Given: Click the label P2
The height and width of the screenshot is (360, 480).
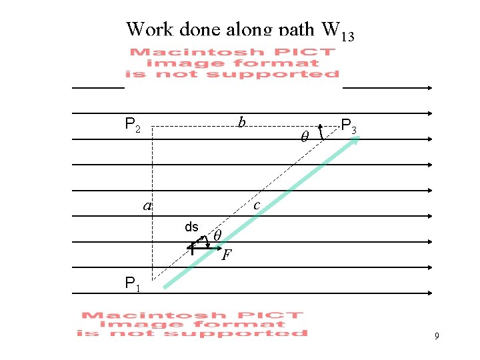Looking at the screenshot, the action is tap(133, 125).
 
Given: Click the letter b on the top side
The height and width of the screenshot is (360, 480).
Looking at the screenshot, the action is tap(242, 123).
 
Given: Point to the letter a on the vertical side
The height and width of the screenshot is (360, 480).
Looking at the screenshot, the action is tap(147, 206).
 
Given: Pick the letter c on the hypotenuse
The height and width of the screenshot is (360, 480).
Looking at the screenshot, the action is tap(257, 206).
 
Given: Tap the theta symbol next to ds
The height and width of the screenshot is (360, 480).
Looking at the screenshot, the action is tap(217, 235).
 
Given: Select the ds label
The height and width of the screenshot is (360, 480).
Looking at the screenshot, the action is tap(191, 227).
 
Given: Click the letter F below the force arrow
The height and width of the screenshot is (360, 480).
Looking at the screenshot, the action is tap(227, 255).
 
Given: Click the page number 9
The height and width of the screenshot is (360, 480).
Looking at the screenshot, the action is tap(436, 337).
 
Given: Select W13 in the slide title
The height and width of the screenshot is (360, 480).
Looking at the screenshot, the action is tap(337, 31).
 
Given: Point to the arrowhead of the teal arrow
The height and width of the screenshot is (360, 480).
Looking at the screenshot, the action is tap(356, 140).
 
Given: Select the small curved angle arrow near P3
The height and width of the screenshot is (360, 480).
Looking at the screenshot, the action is tap(321, 131).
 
